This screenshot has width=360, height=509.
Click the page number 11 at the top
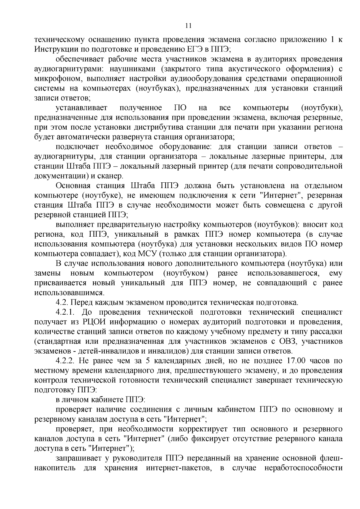coord(188,25)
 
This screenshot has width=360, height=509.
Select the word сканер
coord(111,176)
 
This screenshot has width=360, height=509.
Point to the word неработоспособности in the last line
coord(303,468)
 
